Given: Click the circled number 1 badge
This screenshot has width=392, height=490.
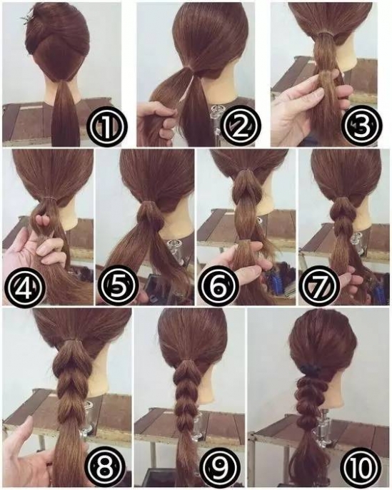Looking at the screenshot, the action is tap(106, 126).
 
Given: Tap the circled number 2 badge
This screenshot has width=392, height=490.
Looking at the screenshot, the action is tap(240, 126).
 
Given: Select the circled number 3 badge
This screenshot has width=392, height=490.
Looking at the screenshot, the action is tap(361, 126).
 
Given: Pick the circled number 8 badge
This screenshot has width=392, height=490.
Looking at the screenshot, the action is tap(106, 468).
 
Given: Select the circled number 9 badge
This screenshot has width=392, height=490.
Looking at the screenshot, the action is tap(219, 468).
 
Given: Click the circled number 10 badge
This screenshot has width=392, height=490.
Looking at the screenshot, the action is tap(363, 468).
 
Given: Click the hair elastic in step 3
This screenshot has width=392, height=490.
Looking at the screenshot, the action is tap(325, 33).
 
